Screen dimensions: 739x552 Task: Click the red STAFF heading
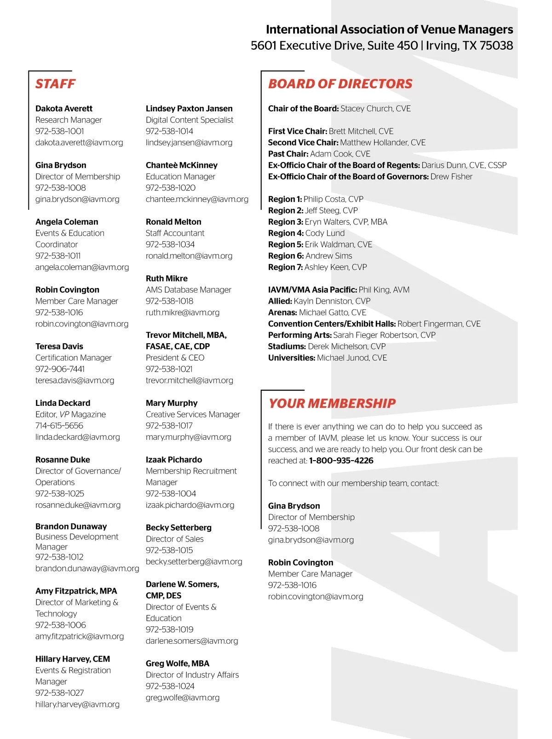(x=55, y=84)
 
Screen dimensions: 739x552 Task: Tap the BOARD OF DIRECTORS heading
(x=340, y=84)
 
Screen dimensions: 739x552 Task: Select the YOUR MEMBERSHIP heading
(x=332, y=404)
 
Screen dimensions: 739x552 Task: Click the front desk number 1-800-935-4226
(x=341, y=461)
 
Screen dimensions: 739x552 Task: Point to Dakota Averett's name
(x=64, y=109)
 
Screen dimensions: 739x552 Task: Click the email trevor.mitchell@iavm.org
(x=189, y=381)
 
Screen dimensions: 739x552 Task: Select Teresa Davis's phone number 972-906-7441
(x=60, y=369)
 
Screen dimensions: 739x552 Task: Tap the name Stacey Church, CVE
(x=375, y=109)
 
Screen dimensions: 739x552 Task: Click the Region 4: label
(x=286, y=233)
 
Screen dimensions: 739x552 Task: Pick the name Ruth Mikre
(x=167, y=278)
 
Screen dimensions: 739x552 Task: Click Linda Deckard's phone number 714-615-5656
(x=59, y=426)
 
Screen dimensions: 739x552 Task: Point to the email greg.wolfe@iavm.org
(x=183, y=698)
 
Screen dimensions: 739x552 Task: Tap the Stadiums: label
(x=287, y=346)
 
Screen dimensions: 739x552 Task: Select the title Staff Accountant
(x=175, y=233)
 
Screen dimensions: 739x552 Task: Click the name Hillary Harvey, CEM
(x=73, y=659)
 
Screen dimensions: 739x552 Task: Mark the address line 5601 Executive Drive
(x=334, y=46)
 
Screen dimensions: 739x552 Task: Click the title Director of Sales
(x=174, y=539)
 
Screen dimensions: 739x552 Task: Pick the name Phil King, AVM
(x=384, y=290)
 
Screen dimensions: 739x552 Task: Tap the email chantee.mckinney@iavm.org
(x=197, y=199)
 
